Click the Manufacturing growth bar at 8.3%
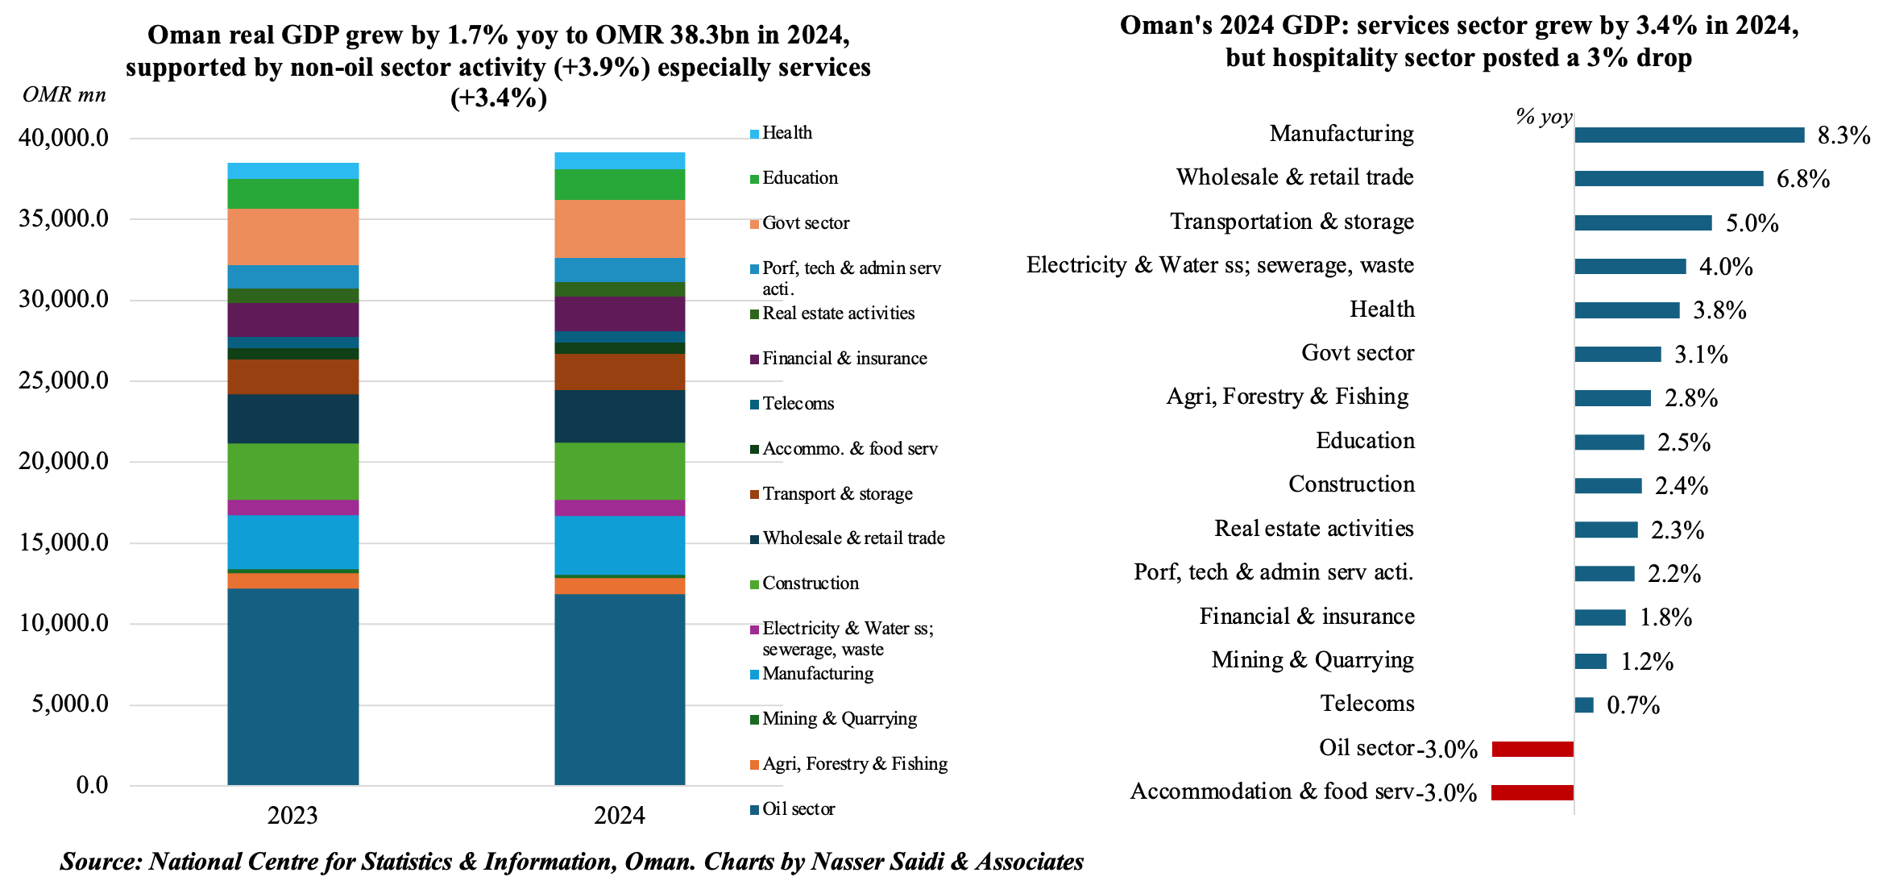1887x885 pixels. click(1689, 135)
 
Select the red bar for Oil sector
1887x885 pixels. click(1532, 749)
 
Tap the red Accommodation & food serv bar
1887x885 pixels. click(1532, 792)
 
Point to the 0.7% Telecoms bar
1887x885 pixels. click(1584, 705)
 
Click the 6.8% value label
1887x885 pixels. click(1803, 179)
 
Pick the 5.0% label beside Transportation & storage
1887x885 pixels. click(1752, 223)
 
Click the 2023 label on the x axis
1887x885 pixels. click(292, 816)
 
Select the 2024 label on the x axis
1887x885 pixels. click(620, 816)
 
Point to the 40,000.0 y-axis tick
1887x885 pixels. click(64, 138)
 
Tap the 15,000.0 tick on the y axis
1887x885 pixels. click(64, 542)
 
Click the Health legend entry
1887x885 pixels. click(786, 133)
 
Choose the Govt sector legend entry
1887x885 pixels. click(805, 223)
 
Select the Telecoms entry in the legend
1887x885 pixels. click(798, 404)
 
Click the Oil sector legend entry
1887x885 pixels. click(798, 809)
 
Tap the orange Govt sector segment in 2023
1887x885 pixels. click(293, 237)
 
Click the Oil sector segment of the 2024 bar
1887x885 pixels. click(620, 689)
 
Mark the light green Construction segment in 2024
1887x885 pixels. click(620, 471)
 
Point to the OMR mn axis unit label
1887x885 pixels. click(64, 95)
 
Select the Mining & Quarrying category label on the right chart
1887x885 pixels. click(1313, 660)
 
